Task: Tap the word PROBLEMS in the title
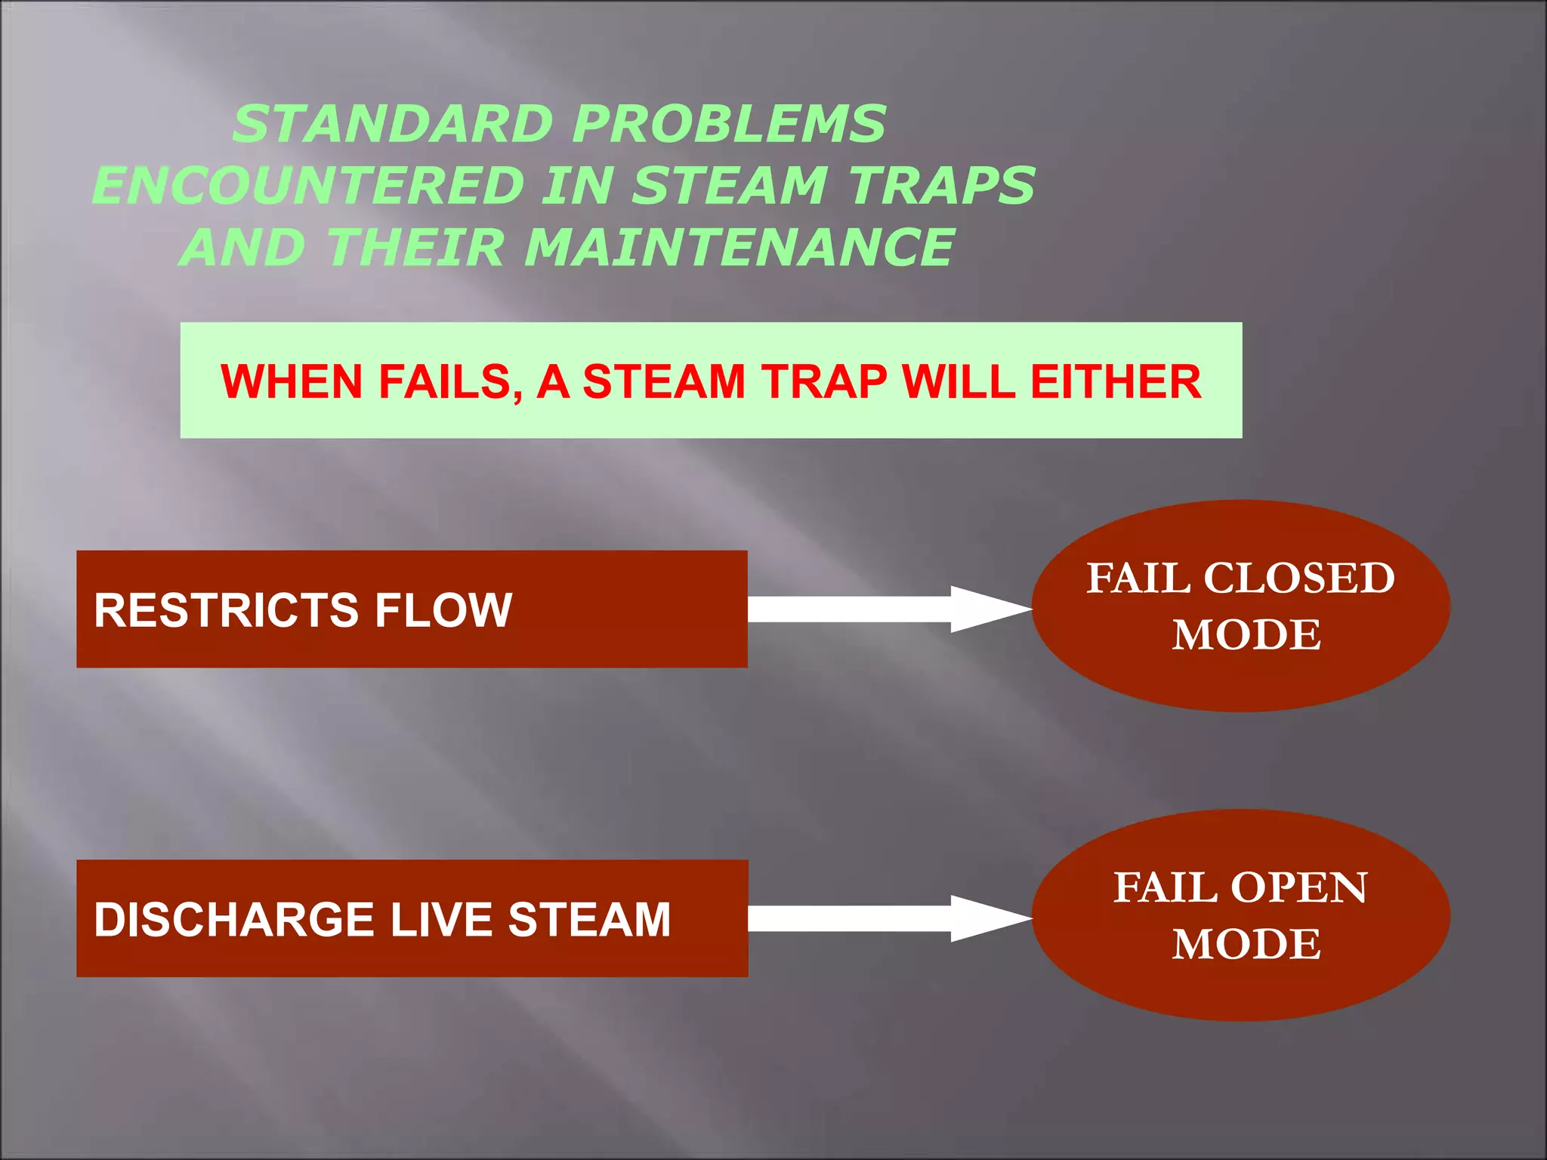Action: pyautogui.click(x=729, y=125)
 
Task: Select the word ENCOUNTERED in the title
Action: pyautogui.click(x=308, y=187)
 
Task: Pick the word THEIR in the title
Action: pyautogui.click(x=416, y=248)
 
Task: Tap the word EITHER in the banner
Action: pyautogui.click(x=1116, y=382)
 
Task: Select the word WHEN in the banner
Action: pyautogui.click(x=291, y=382)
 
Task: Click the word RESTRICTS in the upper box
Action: pyautogui.click(x=225, y=610)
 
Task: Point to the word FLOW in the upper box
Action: pyautogui.click(x=443, y=610)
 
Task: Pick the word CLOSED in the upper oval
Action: pyautogui.click(x=1298, y=579)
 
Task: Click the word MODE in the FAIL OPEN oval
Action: pyautogui.click(x=1246, y=945)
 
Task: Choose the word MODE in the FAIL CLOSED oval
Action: pyautogui.click(x=1246, y=635)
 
